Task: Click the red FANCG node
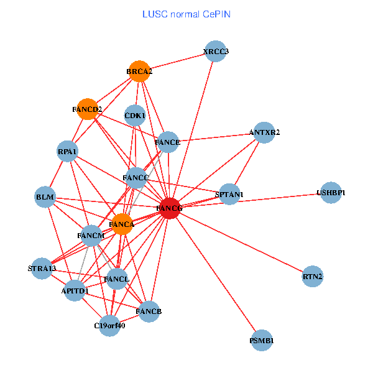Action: click(170, 208)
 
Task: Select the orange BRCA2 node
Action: click(140, 71)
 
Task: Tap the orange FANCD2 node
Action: click(87, 109)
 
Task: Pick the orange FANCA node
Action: click(122, 224)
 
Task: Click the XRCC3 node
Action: click(216, 52)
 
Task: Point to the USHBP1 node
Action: click(331, 193)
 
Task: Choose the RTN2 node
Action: click(313, 275)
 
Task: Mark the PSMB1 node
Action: click(262, 341)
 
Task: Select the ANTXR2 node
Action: click(264, 132)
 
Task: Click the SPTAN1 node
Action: click(229, 195)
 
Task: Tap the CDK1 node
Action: click(135, 115)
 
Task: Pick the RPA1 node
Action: click(67, 151)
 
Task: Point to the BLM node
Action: click(45, 198)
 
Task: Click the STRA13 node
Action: click(42, 269)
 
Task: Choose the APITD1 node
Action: click(75, 290)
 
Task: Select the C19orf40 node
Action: click(110, 325)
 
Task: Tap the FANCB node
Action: click(149, 311)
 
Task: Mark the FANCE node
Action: click(168, 142)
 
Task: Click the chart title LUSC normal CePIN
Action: click(186, 14)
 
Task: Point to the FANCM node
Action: click(91, 236)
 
